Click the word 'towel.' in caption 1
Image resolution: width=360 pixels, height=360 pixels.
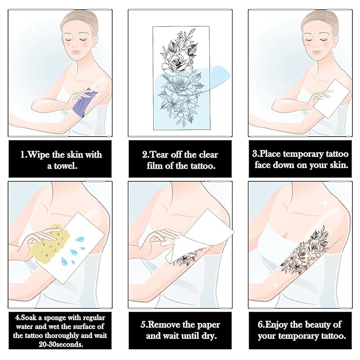tap(62, 166)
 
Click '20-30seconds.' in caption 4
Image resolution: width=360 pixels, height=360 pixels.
tap(60, 344)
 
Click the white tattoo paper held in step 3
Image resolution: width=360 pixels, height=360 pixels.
tap(331, 99)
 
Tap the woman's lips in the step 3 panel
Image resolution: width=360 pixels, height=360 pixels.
tap(317, 52)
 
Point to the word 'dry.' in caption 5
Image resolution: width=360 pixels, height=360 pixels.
tap(209, 336)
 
